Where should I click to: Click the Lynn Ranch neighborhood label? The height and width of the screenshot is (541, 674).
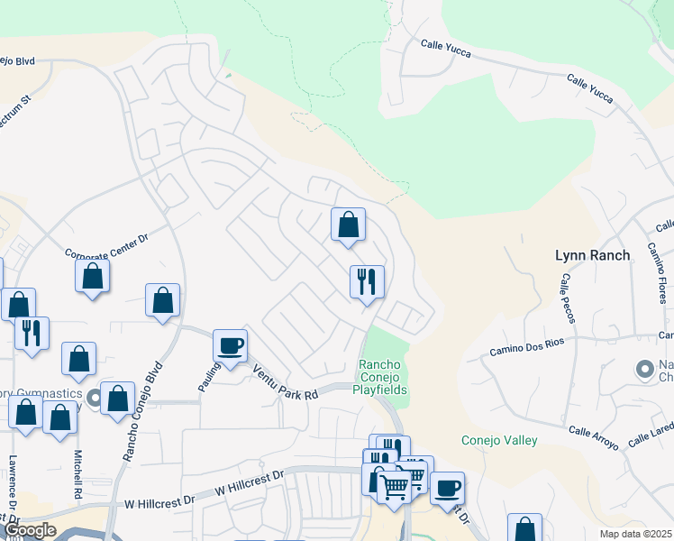point(592,256)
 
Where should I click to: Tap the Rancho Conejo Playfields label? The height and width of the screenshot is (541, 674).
point(383,377)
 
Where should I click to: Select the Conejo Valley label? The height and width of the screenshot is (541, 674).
point(499,440)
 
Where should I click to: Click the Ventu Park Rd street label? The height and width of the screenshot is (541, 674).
point(286,383)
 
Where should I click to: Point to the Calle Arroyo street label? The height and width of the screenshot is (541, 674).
point(594,438)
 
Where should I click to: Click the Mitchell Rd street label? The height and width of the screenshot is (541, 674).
point(78,476)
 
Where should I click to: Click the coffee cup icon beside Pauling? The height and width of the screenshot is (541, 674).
point(230,345)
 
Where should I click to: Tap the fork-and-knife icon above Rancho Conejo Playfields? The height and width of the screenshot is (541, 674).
point(367,281)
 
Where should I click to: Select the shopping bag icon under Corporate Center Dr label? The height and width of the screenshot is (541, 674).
point(92,275)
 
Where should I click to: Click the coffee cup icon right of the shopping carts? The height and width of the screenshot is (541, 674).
point(446,488)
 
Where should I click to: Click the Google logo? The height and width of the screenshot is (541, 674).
point(31,530)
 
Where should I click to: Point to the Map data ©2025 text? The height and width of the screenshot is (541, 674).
point(636,534)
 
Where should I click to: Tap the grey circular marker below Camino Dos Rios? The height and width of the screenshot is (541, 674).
point(645,369)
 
